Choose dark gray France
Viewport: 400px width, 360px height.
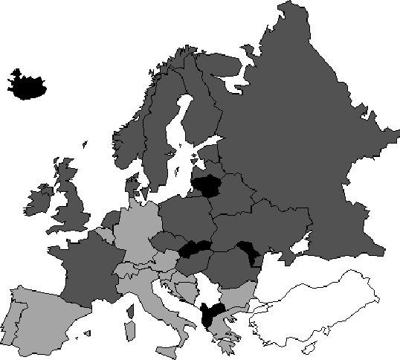[x=86, y=268]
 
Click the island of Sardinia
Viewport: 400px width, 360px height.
[x=129, y=327]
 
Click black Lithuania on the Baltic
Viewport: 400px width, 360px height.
[x=207, y=186]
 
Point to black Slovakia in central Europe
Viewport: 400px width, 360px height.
[x=195, y=249]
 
